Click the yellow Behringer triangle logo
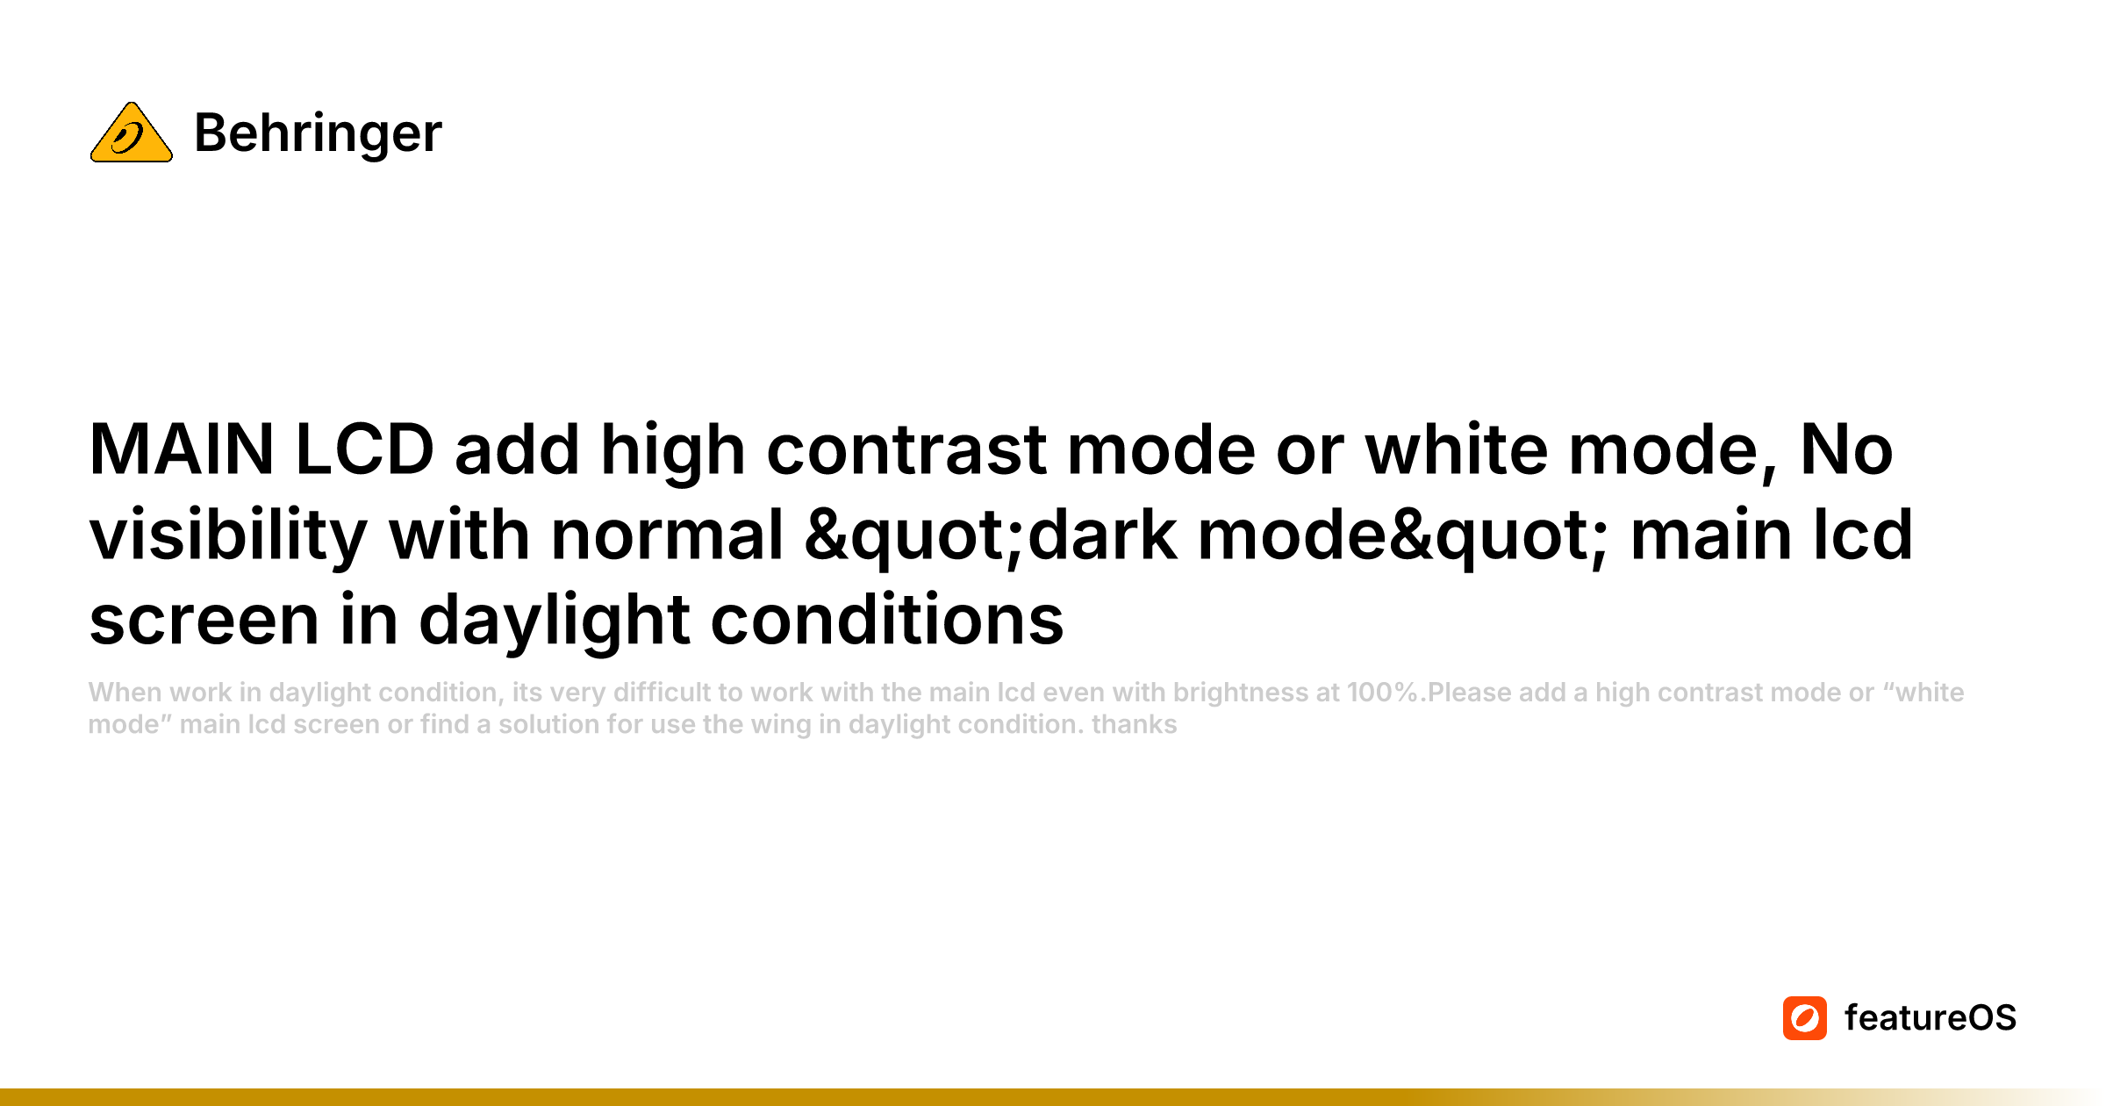coord(132,133)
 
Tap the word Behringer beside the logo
coord(318,133)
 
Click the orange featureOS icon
coord(1804,1018)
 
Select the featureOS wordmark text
coord(1930,1018)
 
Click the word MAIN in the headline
coord(182,450)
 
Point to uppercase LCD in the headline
coord(364,450)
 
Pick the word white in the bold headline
coord(1456,450)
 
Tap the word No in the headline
coord(1846,450)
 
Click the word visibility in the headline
coord(228,535)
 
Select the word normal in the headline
coord(667,535)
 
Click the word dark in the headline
coord(1102,535)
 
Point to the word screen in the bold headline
coord(204,621)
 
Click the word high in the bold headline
coord(673,450)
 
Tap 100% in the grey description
coord(1383,693)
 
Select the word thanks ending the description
coord(1134,725)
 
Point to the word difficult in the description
coord(662,693)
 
